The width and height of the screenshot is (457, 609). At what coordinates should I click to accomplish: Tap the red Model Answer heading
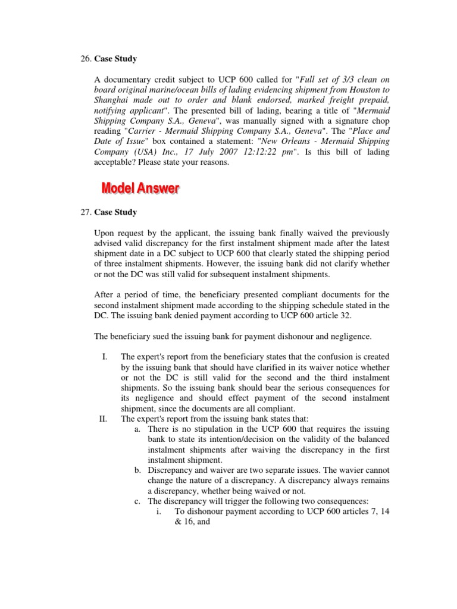point(140,189)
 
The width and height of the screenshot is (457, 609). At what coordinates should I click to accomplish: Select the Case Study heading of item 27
point(115,212)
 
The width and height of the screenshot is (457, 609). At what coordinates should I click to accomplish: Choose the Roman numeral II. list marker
point(103,418)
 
